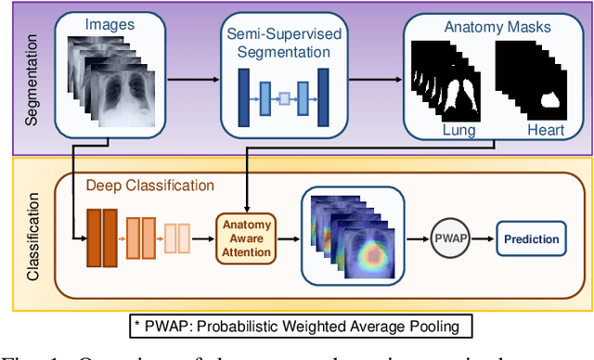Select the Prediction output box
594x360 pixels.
(x=532, y=238)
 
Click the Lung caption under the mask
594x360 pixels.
(x=459, y=131)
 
